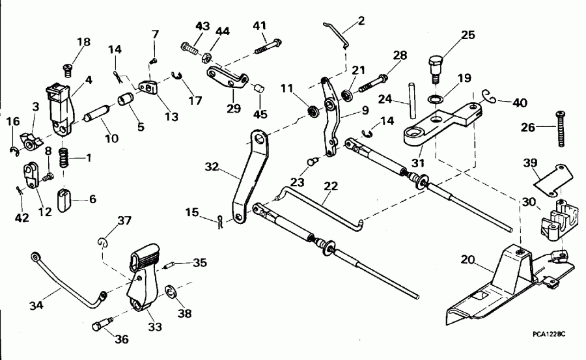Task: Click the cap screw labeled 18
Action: coord(66,68)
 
